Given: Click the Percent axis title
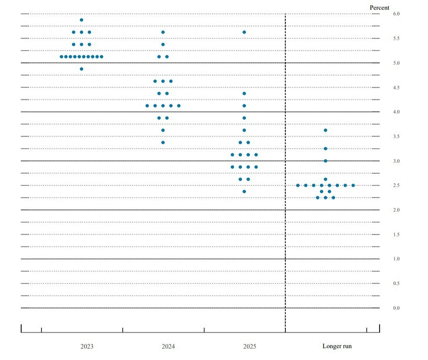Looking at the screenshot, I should click(379, 8).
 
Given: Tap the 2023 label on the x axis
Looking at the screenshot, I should click(87, 346).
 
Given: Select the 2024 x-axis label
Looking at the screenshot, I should click(168, 346).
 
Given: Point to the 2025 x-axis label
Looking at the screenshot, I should click(250, 346).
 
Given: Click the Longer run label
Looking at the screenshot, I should click(337, 346).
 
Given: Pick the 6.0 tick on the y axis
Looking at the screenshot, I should click(396, 14).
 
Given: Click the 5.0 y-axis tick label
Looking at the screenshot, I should click(396, 63).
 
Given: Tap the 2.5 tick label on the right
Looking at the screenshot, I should click(396, 185).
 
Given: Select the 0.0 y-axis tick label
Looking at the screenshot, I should click(396, 308).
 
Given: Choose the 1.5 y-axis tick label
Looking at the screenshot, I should click(396, 235).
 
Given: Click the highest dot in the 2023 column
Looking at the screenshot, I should click(82, 20).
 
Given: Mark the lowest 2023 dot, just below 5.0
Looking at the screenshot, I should click(82, 69).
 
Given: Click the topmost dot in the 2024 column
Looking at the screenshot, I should click(163, 32).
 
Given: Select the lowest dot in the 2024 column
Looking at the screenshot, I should click(163, 142).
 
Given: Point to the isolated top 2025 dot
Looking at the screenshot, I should click(244, 32).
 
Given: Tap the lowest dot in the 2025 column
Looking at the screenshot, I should click(244, 192).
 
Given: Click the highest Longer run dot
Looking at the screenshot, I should click(326, 130).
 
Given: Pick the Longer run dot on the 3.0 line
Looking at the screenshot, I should click(326, 161).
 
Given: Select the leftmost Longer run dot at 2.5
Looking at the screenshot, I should click(298, 185).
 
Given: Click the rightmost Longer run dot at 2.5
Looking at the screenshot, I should click(353, 185).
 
